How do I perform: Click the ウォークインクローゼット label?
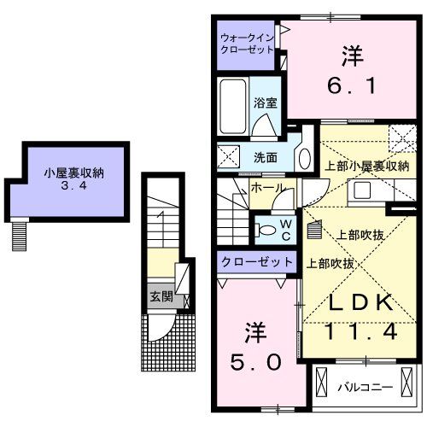247,44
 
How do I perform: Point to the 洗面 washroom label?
265,157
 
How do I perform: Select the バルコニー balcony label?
364,386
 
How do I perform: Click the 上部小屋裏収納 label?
366,166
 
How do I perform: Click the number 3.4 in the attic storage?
75,187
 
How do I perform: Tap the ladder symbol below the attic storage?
20,234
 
